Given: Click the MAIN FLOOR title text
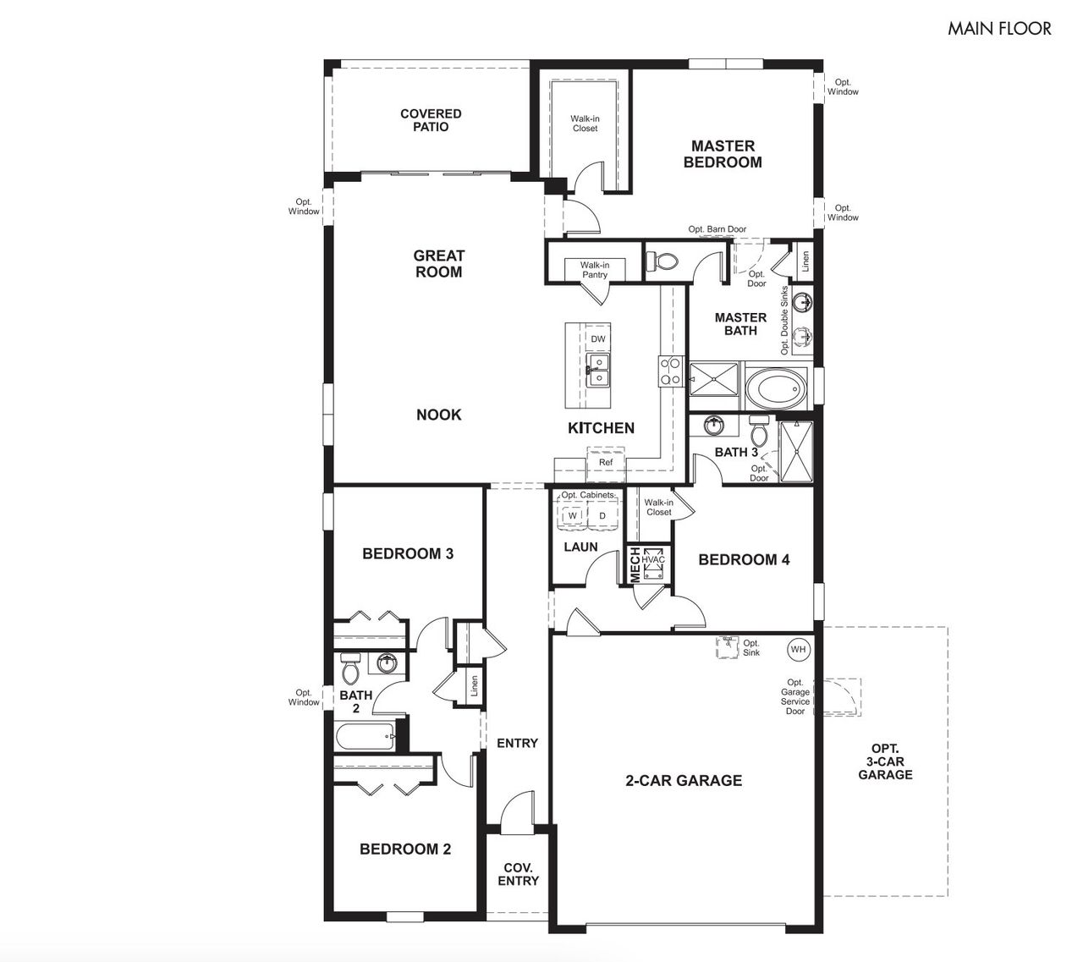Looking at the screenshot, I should pos(998,29).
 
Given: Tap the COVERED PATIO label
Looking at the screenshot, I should pos(431,120).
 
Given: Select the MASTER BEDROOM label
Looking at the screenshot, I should pos(723,154).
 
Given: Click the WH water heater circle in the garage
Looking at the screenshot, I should pos(797,649).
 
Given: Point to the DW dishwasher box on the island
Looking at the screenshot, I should pos(598,339).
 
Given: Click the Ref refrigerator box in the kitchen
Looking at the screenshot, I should pos(606,463).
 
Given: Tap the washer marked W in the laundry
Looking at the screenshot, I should pos(573,515).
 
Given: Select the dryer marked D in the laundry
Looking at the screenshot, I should pos(602,515).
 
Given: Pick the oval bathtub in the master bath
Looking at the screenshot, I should pos(782,390).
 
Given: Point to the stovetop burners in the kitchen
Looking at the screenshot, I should pos(671,371).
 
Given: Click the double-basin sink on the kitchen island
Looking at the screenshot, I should pos(597,370).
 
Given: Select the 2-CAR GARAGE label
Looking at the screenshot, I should pos(683,781).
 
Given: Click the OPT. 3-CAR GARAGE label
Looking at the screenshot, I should pos(885,761).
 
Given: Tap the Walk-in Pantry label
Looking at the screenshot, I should pos(594,270).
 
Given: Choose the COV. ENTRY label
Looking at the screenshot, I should pos(518,874).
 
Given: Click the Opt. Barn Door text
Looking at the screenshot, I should pos(717,229).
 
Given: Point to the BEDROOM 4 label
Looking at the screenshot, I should pos(744,559).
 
